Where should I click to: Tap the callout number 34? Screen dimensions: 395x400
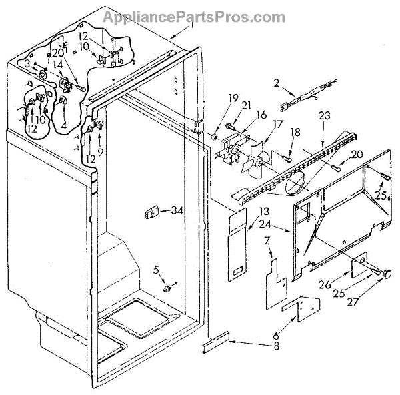(x=175, y=212)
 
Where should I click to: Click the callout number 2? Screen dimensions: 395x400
(x=275, y=83)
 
